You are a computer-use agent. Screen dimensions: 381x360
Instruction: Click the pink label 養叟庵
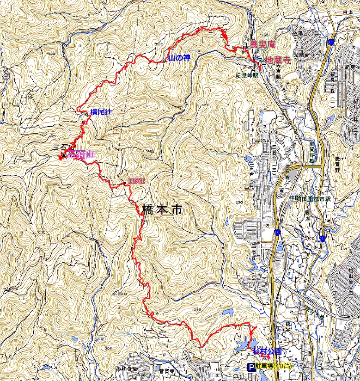262,44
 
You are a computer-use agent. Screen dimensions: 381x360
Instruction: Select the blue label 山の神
179,58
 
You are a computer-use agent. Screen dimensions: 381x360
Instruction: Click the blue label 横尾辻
101,111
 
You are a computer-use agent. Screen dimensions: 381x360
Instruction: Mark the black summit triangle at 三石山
63,156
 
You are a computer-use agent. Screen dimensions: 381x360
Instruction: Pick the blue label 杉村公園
267,351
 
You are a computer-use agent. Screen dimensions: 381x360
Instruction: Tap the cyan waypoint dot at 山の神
165,61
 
